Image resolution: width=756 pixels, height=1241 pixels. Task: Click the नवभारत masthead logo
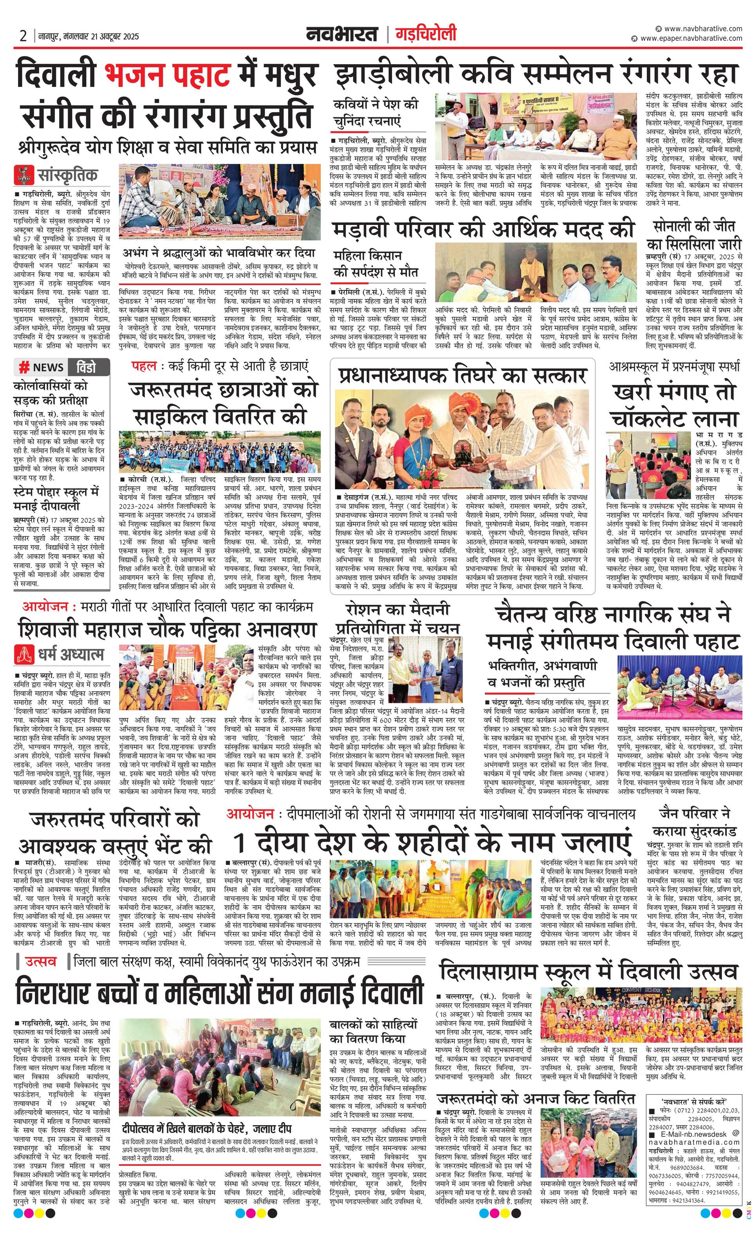(x=342, y=34)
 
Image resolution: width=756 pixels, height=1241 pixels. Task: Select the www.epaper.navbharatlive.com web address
(x=691, y=38)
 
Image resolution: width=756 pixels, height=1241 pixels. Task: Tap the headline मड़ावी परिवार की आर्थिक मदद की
(x=482, y=230)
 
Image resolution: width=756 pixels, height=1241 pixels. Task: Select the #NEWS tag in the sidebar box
(x=41, y=367)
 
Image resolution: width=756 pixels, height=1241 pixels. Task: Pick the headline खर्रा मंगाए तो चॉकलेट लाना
(x=674, y=405)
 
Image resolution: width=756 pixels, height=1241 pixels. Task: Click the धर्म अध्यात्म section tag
(x=70, y=654)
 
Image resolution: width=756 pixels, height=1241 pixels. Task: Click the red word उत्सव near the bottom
(x=41, y=962)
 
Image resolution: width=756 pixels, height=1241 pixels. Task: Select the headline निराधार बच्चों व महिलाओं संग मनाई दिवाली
(x=219, y=991)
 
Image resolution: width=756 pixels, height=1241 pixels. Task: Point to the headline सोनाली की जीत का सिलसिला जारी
(x=693, y=235)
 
